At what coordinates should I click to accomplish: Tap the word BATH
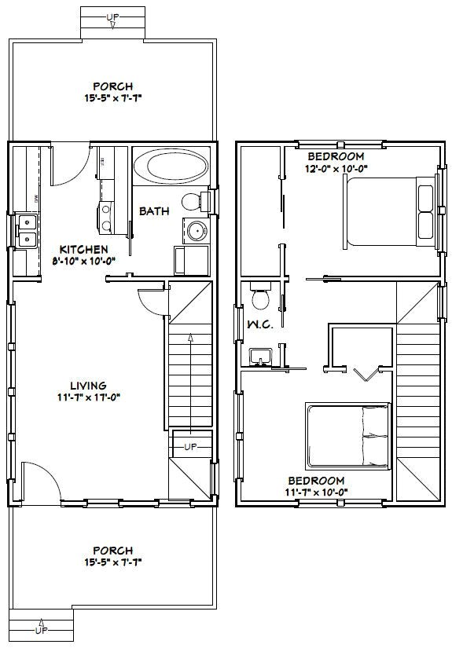click(x=152, y=211)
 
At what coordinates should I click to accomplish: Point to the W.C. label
click(x=259, y=325)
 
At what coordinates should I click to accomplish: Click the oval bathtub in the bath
click(x=170, y=167)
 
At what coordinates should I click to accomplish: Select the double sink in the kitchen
click(x=26, y=229)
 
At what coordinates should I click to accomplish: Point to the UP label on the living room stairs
click(x=189, y=447)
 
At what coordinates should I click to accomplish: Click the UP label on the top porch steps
click(x=114, y=16)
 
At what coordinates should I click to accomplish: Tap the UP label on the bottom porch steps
click(x=39, y=629)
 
